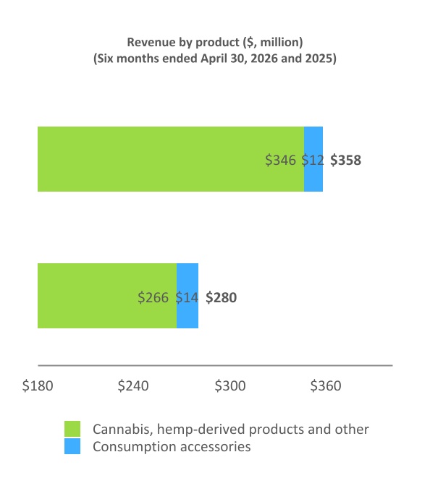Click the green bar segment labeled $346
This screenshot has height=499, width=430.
click(171, 159)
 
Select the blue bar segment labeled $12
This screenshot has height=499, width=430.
click(313, 159)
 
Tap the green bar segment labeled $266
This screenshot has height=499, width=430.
click(107, 296)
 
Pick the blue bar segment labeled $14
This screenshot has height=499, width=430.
click(187, 296)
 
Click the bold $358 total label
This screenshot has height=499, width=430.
click(345, 160)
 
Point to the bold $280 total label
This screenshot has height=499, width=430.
click(221, 297)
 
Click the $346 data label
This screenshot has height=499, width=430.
click(280, 160)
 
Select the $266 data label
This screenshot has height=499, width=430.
click(153, 297)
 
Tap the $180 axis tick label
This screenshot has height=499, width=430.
click(38, 385)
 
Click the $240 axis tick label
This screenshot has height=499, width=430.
click(133, 385)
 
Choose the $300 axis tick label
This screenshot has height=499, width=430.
click(230, 385)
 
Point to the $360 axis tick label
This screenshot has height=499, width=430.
click(326, 385)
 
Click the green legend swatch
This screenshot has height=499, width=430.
click(72, 429)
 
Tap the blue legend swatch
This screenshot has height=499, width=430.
click(72, 446)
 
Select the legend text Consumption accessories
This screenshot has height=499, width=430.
click(172, 447)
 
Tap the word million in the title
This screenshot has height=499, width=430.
click(280, 42)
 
